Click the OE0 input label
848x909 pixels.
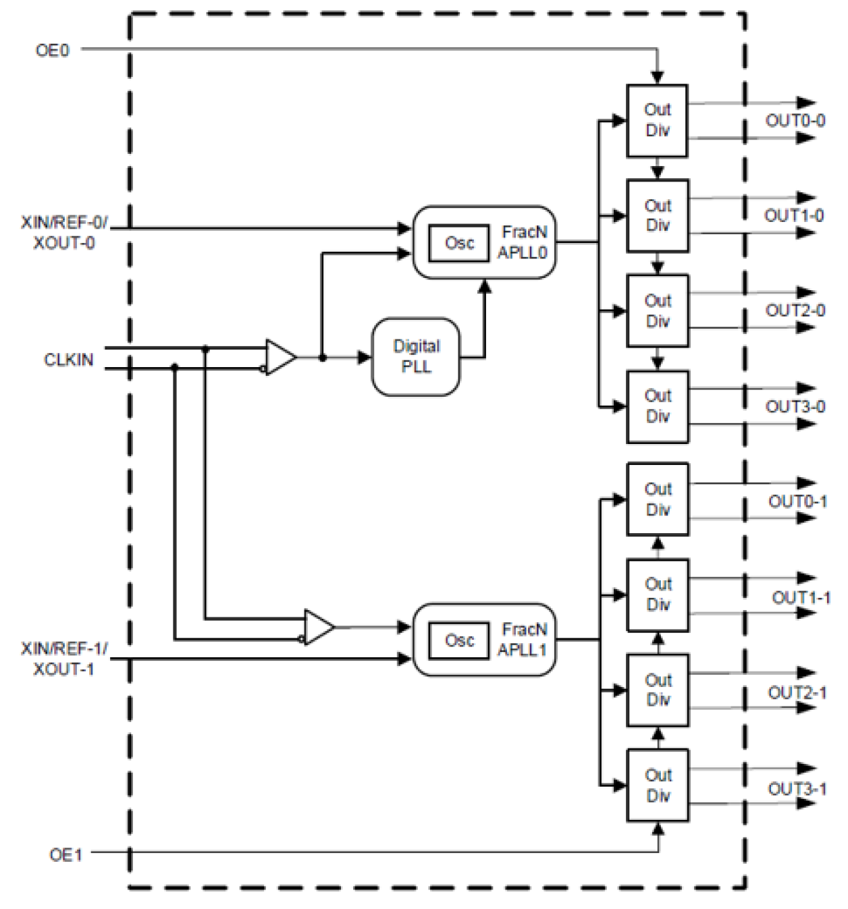[52, 51]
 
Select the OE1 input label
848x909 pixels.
[65, 855]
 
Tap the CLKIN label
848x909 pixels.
[68, 360]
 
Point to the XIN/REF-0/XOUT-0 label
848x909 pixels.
[64, 233]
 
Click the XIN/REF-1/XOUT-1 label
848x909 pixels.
[64, 659]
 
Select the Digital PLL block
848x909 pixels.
[416, 356]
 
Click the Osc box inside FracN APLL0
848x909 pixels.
[458, 243]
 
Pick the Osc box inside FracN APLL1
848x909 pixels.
[458, 640]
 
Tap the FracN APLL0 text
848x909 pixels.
[523, 242]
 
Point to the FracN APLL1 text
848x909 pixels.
[523, 640]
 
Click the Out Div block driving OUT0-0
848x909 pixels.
[657, 121]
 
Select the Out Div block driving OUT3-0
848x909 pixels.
[657, 406]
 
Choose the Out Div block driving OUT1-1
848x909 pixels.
[658, 595]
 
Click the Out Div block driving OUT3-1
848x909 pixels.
[658, 786]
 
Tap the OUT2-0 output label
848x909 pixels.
[795, 310]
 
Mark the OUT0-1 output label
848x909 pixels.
[797, 501]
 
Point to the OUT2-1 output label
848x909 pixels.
[797, 692]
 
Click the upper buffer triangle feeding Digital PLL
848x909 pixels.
[280, 357]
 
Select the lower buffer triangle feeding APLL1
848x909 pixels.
[318, 628]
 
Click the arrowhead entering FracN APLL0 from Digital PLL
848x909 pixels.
[484, 286]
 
